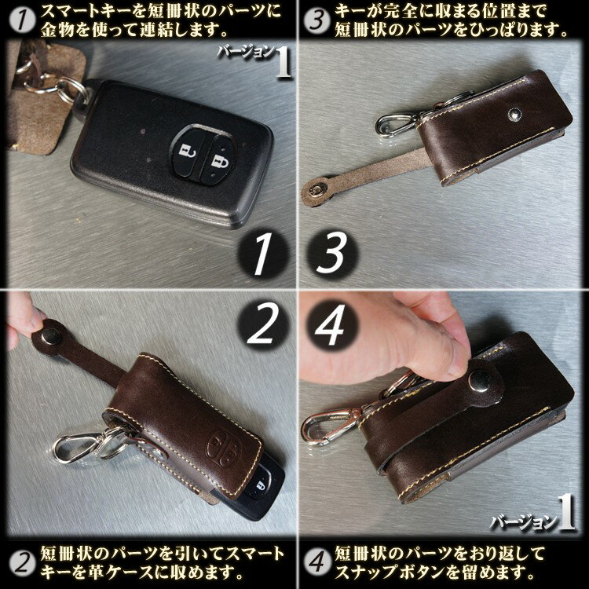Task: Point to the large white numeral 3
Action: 331,252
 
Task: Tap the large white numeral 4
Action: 330,324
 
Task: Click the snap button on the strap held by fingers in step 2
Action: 51,335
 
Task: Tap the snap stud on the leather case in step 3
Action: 514,114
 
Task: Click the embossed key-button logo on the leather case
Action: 225,446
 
